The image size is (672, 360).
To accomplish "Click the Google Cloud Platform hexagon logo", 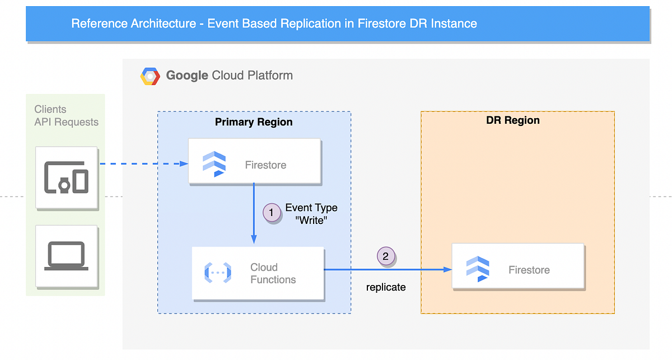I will pyautogui.click(x=150, y=76).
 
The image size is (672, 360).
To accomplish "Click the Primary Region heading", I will pyautogui.click(x=254, y=122).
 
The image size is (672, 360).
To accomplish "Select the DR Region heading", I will pyautogui.click(x=513, y=120).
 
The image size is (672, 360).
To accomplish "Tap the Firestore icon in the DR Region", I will pyautogui.click(x=478, y=269).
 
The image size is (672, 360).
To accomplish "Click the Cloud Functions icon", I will pyautogui.click(x=217, y=273).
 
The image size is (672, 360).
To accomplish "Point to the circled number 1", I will pyautogui.click(x=272, y=213).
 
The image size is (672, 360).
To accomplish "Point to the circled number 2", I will pyautogui.click(x=385, y=256).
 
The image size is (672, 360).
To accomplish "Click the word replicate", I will pyautogui.click(x=386, y=287).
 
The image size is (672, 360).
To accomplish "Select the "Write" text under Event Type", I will pyautogui.click(x=311, y=220).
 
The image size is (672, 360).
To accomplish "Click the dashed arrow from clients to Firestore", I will pyautogui.click(x=143, y=164).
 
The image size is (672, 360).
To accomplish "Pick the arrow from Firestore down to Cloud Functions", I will pyautogui.click(x=254, y=213).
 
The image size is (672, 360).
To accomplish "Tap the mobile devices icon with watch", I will pyautogui.click(x=66, y=177).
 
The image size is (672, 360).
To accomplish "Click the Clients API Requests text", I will pyautogui.click(x=66, y=116).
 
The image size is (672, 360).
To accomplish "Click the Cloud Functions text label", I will pyautogui.click(x=273, y=273).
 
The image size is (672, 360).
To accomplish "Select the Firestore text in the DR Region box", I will pyautogui.click(x=529, y=270).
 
